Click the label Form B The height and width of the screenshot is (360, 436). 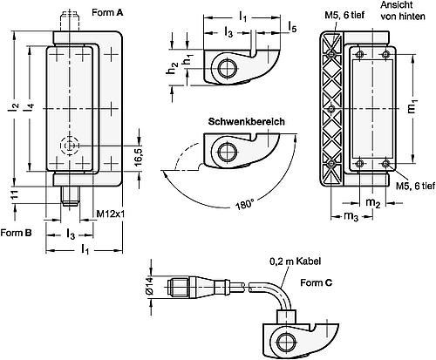pos(17,233)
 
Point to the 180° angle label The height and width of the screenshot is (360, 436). pos(246,205)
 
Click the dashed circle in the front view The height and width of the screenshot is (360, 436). pos(69,146)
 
